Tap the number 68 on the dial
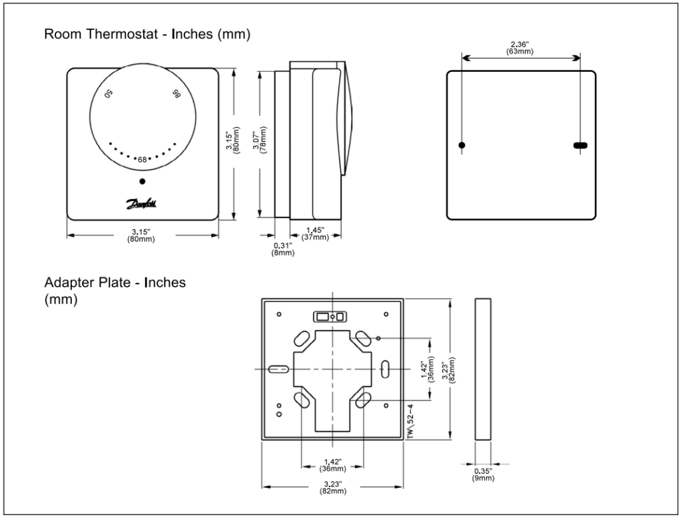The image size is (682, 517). (141, 159)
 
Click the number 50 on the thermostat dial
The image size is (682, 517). (109, 94)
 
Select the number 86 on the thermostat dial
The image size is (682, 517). (176, 94)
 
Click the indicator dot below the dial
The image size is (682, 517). (142, 182)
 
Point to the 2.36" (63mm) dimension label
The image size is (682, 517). (519, 48)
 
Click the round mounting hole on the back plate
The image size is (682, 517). (462, 144)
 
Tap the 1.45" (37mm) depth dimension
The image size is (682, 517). (315, 233)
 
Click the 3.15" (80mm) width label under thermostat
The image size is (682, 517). (142, 235)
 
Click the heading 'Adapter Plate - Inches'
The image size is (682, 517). (115, 283)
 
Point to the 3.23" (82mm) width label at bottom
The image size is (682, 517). (332, 487)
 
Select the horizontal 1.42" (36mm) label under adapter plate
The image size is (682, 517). (332, 463)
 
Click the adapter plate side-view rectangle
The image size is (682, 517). (484, 368)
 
